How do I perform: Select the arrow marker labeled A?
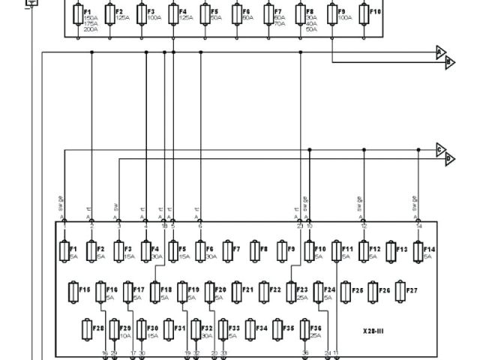click(x=441, y=52)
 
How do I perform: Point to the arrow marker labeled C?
click(x=441, y=148)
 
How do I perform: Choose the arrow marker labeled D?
click(x=450, y=159)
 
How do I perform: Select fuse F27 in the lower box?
click(x=399, y=290)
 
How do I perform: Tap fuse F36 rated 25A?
click(x=305, y=329)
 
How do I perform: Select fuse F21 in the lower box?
click(x=236, y=290)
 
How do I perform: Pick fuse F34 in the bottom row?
click(x=250, y=329)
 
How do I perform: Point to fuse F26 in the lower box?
click(x=372, y=290)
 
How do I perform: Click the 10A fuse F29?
click(x=114, y=329)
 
